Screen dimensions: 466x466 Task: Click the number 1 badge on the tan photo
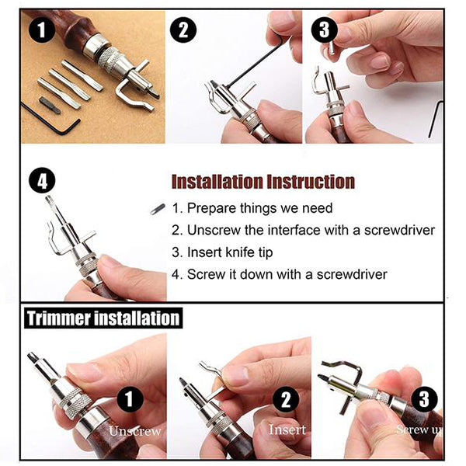(42, 30)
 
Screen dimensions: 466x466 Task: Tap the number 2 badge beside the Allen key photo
(183, 30)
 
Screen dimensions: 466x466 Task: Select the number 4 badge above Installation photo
(42, 180)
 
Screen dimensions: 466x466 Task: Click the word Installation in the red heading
(217, 182)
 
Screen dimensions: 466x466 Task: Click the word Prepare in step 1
(211, 208)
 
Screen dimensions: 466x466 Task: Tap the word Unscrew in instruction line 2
(214, 231)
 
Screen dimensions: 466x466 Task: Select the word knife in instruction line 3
(238, 252)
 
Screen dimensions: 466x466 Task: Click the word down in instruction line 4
(256, 274)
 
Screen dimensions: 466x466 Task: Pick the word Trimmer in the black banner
(59, 318)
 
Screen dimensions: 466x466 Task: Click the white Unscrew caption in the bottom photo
(135, 431)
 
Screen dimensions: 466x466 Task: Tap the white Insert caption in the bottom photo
(287, 429)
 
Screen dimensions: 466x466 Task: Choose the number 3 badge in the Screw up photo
(424, 399)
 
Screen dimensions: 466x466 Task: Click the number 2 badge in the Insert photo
(286, 399)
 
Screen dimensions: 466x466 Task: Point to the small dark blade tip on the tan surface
(50, 105)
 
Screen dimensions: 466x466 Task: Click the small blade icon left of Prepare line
(158, 209)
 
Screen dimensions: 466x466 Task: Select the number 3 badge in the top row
(324, 30)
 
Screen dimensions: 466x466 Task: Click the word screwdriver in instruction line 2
(399, 231)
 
